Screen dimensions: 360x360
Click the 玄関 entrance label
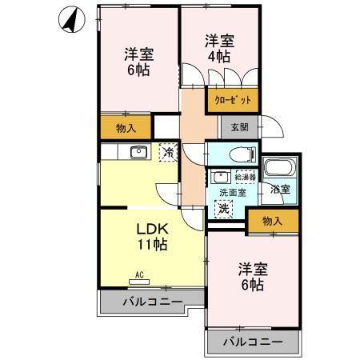pyautogui.click(x=239, y=127)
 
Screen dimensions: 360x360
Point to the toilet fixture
pyautogui.click(x=238, y=153)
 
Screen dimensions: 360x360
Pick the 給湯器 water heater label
pyautogui.click(x=244, y=176)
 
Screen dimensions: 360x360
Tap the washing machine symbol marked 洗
pyautogui.click(x=224, y=207)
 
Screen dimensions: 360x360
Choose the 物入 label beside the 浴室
pyautogui.click(x=272, y=221)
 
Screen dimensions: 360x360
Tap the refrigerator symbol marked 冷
pyautogui.click(x=168, y=150)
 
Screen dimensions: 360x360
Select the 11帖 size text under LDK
pyautogui.click(x=150, y=245)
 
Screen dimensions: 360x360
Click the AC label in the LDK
pyautogui.click(x=139, y=275)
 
